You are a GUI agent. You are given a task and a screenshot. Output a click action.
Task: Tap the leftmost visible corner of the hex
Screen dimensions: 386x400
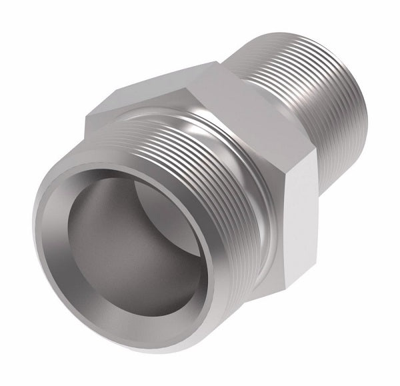click(x=85, y=120)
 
